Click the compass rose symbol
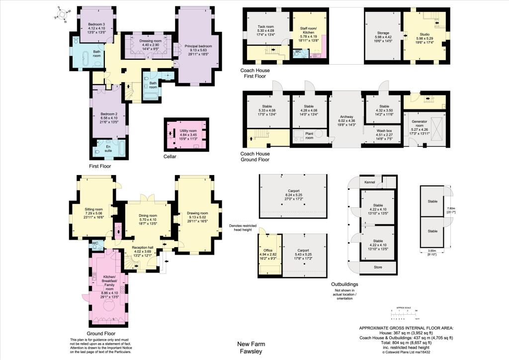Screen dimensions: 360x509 62,15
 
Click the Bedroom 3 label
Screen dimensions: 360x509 96,24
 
